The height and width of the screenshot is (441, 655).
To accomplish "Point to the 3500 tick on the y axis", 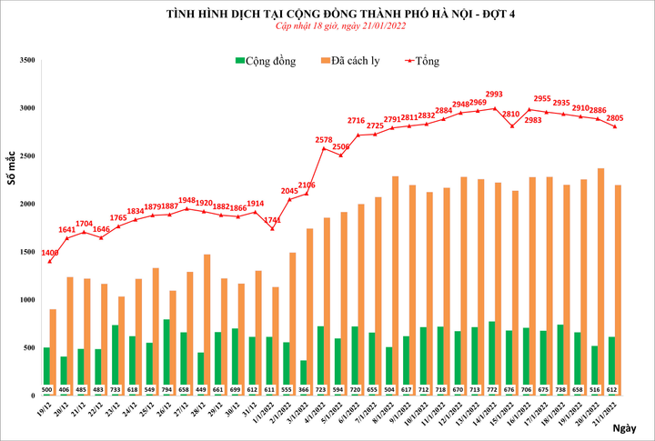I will pyautogui.click(x=25, y=60).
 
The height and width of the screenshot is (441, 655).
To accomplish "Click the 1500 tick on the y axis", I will pyautogui.click(x=25, y=252).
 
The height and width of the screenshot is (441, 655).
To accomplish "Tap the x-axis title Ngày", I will pyautogui.click(x=622, y=427).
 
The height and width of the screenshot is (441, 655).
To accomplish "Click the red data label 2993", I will pyautogui.click(x=494, y=94).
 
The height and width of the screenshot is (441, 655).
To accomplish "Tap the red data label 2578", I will pyautogui.click(x=323, y=139).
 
